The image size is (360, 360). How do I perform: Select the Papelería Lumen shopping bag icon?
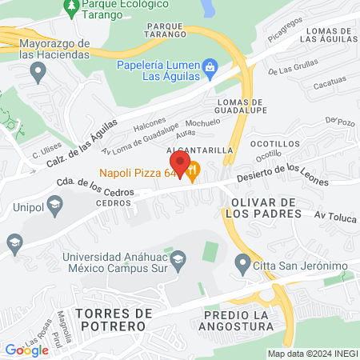pyautogui.click(x=210, y=66)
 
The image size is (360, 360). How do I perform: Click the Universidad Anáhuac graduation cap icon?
pyautogui.click(x=178, y=258)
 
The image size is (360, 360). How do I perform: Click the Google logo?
pyautogui.click(x=26, y=350)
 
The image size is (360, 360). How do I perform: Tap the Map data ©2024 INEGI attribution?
pyautogui.click(x=311, y=354)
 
